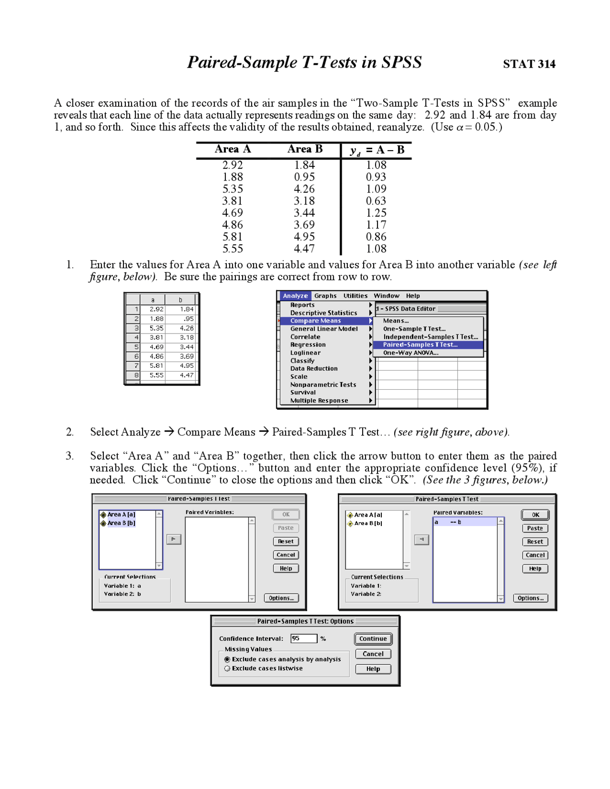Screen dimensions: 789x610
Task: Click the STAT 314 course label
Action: (x=529, y=64)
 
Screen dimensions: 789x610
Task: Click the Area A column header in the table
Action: (x=233, y=149)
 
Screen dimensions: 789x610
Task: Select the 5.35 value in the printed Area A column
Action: (x=233, y=189)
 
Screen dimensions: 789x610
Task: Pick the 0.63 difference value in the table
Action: (x=376, y=201)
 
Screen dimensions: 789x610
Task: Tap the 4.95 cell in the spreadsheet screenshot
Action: (x=186, y=365)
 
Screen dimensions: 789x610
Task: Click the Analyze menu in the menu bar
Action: (x=295, y=296)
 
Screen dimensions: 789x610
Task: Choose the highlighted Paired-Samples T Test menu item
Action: (x=420, y=344)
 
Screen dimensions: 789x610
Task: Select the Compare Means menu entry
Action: (x=315, y=321)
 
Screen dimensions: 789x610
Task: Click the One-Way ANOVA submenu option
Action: (x=410, y=353)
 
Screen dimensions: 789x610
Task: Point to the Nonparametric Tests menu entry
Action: (x=323, y=384)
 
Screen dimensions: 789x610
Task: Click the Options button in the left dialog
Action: (x=281, y=598)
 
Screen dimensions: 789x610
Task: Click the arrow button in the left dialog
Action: (x=173, y=539)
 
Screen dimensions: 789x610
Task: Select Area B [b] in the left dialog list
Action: (x=121, y=523)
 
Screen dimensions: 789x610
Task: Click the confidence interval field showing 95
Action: (x=304, y=638)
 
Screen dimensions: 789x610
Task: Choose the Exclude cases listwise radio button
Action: (x=227, y=668)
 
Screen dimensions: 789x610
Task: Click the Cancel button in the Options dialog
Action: (x=373, y=654)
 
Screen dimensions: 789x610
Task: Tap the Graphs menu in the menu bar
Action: (x=325, y=296)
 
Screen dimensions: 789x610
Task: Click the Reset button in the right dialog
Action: (x=535, y=542)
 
